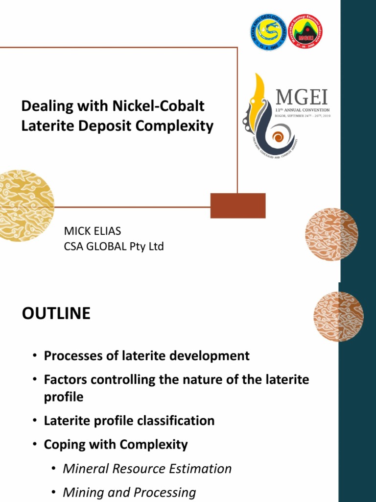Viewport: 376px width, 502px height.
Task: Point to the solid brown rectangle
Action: tap(238, 205)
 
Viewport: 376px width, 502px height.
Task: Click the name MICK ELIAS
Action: tap(92, 231)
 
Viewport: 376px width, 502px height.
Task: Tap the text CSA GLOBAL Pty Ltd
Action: tap(114, 247)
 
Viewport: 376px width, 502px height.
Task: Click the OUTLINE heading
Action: tap(56, 314)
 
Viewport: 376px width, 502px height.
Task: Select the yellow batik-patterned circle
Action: tap(24, 205)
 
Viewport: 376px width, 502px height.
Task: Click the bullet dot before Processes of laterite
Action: tap(35, 356)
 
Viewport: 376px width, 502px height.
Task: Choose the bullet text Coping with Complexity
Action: tap(116, 445)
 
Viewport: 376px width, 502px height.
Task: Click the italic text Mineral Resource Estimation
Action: tap(147, 469)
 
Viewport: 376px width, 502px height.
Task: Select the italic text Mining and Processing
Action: tap(129, 492)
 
